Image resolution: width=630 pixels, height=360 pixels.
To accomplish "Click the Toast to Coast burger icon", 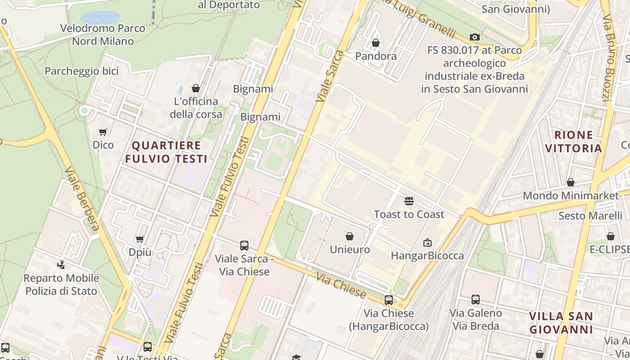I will [x=409, y=201].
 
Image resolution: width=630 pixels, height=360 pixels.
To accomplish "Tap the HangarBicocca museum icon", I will [x=427, y=243].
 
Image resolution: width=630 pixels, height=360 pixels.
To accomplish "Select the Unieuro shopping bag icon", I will [x=350, y=236].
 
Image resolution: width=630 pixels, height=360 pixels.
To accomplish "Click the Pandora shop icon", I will [x=376, y=43].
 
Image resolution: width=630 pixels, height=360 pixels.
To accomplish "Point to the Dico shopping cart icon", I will [x=103, y=132].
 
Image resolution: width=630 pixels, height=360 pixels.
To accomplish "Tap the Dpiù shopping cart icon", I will [x=140, y=239].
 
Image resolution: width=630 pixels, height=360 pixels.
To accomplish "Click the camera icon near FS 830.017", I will [x=475, y=37].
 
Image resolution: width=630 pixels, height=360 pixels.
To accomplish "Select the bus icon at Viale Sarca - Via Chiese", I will [x=244, y=245].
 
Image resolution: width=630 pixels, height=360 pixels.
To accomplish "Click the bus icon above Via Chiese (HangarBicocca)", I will [x=389, y=300].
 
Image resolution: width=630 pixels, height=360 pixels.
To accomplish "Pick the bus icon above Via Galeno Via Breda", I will [x=476, y=299].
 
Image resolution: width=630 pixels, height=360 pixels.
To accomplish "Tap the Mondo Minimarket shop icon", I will [x=571, y=182].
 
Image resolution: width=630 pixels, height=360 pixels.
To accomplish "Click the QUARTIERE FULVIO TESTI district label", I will [x=166, y=152].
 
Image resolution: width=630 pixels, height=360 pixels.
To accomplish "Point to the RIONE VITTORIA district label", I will [x=573, y=141].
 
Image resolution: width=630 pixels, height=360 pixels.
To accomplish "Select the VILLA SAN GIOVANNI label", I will [x=561, y=323].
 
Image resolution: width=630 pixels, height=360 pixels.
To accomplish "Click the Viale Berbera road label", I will [x=81, y=198].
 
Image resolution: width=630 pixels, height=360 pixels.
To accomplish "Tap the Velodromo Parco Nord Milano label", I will [x=103, y=35].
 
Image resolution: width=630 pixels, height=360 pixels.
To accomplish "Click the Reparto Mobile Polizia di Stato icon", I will [x=61, y=265].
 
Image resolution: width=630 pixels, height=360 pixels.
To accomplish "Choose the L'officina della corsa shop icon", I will [x=196, y=88].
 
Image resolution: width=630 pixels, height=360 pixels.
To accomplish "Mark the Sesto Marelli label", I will [x=590, y=216].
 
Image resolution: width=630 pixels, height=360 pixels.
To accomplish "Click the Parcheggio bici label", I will [x=81, y=71].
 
